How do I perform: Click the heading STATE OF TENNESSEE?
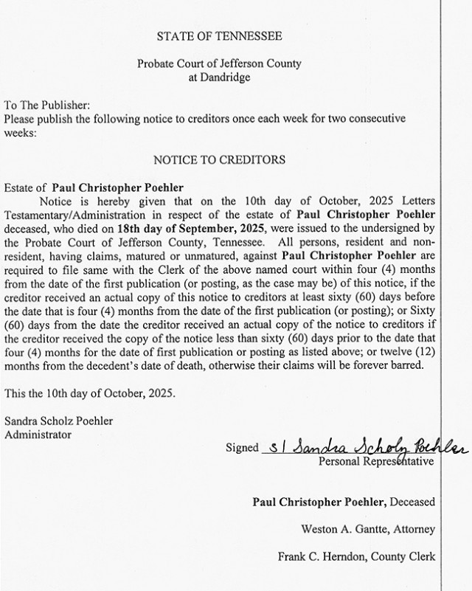coord(219,35)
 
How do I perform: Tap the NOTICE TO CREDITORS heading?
coord(219,159)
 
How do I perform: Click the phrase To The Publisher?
coord(46,106)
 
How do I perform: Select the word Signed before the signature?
coord(244,447)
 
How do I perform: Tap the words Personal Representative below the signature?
coord(376,462)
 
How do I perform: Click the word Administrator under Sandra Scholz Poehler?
coord(38,435)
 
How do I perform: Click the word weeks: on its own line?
coord(19,133)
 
